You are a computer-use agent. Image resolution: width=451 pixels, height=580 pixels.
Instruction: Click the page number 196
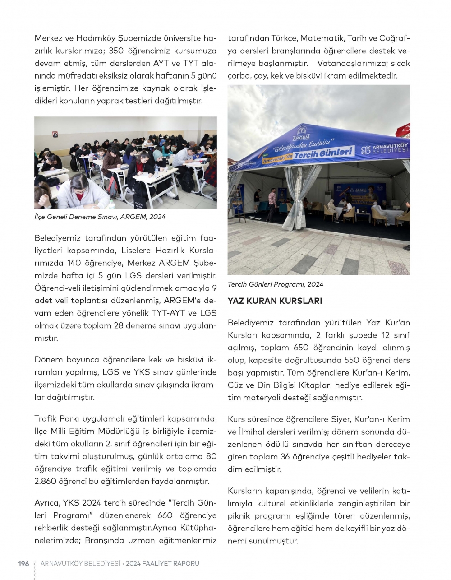click(23, 563)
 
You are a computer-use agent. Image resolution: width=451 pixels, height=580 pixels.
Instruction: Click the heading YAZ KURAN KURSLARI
click(275, 301)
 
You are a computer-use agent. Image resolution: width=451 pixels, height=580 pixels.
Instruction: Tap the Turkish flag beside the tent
click(404, 130)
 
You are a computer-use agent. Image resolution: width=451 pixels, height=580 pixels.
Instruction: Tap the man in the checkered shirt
click(272, 200)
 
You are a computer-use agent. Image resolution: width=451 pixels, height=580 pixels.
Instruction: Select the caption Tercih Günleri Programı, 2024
click(275, 284)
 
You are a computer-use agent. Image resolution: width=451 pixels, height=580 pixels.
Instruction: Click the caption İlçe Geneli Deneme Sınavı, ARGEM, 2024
click(100, 217)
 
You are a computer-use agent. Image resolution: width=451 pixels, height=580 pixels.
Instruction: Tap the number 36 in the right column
click(285, 457)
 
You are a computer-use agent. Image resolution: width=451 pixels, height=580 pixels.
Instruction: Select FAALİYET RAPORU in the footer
click(171, 563)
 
